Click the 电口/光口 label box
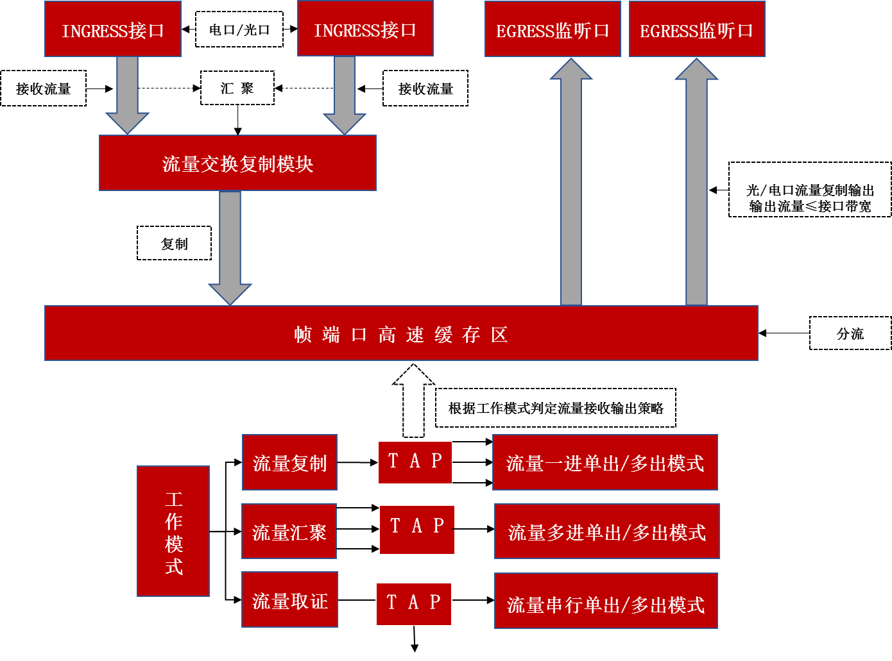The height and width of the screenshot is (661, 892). point(239,29)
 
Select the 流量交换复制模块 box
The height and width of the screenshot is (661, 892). point(237,163)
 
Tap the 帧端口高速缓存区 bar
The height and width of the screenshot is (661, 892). point(401,333)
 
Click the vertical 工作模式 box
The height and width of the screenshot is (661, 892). point(173,531)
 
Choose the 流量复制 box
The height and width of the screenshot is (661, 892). point(289,462)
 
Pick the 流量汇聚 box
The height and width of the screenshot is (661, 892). point(289,531)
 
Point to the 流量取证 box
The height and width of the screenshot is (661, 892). point(289,600)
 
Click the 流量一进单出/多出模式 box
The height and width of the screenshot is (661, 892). point(605,462)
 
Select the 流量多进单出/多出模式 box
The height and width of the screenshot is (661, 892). point(606,531)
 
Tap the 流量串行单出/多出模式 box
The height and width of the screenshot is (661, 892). point(606,601)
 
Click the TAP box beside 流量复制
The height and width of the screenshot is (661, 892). point(415,462)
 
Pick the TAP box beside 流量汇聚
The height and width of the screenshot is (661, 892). point(417,530)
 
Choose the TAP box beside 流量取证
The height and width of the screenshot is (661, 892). point(414,603)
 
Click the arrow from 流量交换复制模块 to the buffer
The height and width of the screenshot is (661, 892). point(230,247)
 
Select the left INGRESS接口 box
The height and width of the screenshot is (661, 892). point(113,29)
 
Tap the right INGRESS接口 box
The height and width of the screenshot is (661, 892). point(365,29)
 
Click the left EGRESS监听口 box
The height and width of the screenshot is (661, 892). point(553,29)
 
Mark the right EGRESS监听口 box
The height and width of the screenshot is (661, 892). point(697,29)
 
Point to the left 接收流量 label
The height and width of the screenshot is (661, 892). point(43,88)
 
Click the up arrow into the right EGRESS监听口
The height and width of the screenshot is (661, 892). point(696,186)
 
